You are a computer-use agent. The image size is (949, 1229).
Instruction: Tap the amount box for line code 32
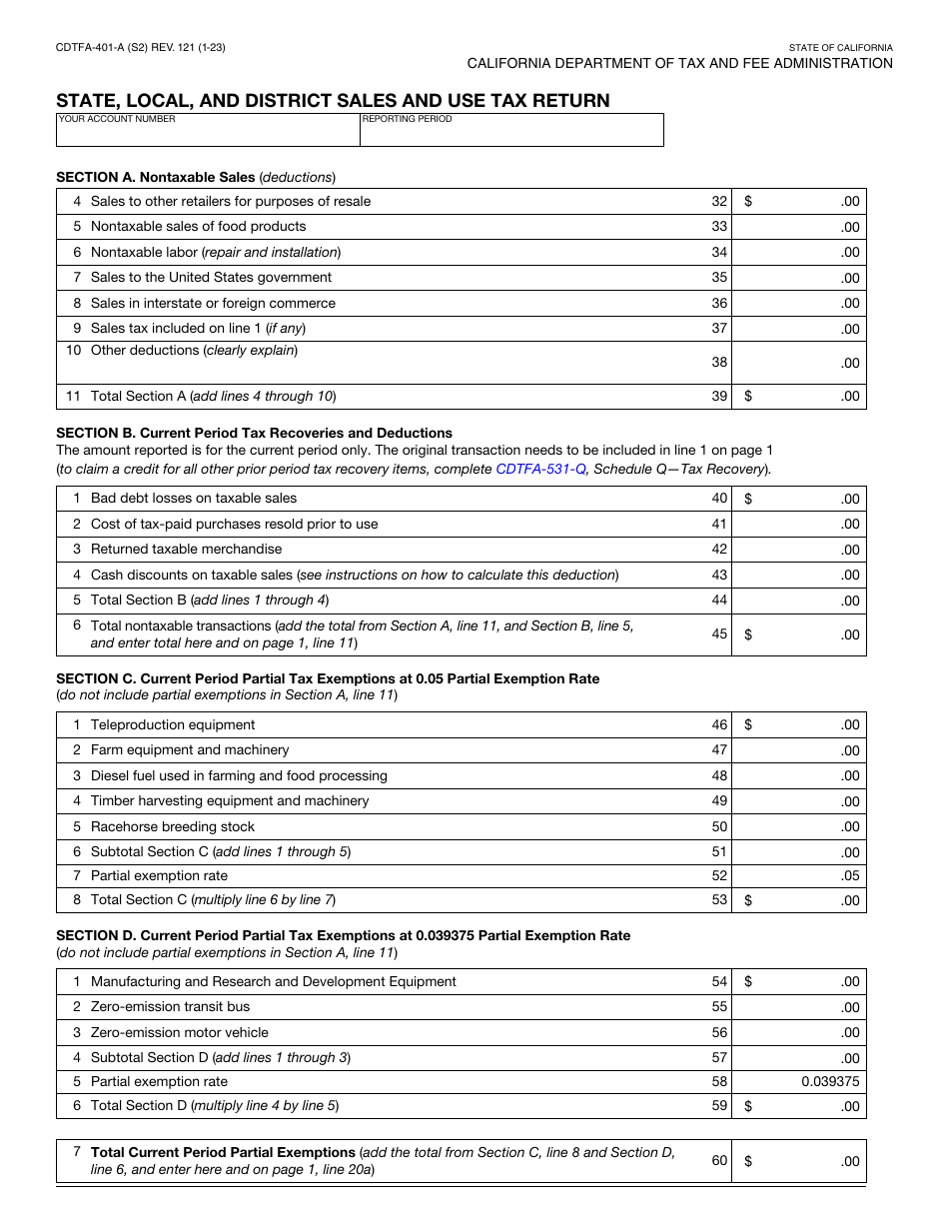click(799, 202)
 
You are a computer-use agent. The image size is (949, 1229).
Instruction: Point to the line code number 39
click(719, 397)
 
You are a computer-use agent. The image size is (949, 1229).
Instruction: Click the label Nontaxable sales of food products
click(198, 227)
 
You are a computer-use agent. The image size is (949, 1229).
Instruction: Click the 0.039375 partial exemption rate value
click(829, 1081)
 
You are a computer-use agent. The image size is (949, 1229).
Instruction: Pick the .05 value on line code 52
click(849, 876)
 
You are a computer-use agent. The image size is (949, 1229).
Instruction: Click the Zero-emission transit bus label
click(170, 1007)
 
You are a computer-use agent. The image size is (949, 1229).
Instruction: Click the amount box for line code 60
click(799, 1161)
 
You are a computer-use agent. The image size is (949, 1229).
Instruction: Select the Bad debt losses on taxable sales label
click(193, 499)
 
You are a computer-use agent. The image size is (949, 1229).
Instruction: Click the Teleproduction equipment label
click(172, 725)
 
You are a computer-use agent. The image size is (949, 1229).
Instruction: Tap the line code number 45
click(719, 634)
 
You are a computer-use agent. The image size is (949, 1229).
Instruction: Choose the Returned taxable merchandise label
click(186, 550)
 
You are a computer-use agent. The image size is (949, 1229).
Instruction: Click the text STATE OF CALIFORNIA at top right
click(840, 48)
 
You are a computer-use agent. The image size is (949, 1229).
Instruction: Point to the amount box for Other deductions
click(799, 363)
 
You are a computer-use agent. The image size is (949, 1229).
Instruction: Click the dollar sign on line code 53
click(748, 900)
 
